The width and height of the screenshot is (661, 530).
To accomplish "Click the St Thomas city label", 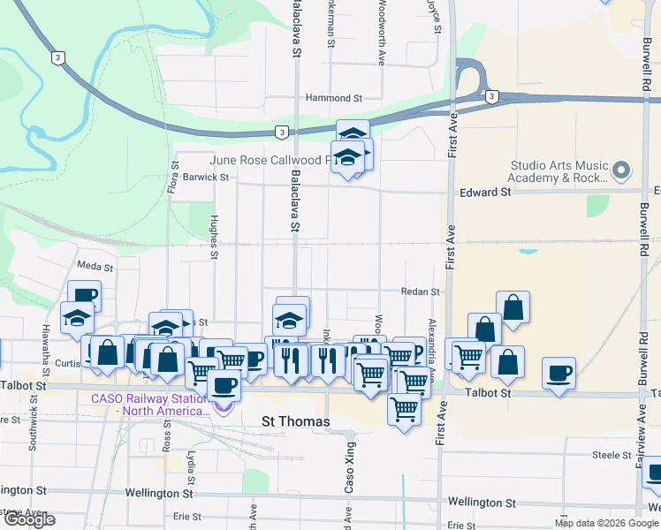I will coord(296,422).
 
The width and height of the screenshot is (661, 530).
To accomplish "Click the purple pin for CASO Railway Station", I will coord(222,406).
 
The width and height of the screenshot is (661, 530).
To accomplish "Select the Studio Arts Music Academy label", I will coord(559,171).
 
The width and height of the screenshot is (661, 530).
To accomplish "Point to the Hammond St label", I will coord(334,98).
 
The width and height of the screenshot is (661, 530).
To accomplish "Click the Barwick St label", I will coord(208,177).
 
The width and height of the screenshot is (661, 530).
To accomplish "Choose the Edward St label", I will coord(485,192).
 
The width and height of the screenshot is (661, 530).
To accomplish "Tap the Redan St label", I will coord(422,291).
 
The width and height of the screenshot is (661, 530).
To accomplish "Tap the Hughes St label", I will coord(214,238).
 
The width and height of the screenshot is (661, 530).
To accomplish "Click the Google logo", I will coord(29,519).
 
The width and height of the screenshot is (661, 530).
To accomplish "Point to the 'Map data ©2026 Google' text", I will coord(606,523).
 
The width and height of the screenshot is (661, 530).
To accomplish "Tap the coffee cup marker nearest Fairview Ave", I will coord(558,373).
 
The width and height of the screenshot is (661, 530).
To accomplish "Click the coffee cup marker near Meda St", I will coord(85,296).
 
